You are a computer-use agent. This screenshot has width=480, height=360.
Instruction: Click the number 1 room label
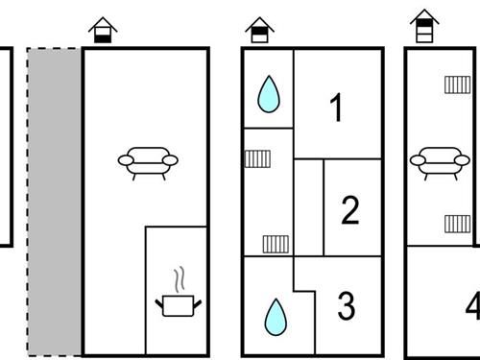(x=336, y=108)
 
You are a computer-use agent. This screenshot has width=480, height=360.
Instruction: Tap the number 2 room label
(x=350, y=210)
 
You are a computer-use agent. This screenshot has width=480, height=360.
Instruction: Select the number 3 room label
(x=347, y=305)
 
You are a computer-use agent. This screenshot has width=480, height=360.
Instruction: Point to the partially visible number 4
(x=472, y=305)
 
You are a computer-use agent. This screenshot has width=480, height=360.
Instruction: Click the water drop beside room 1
(x=269, y=94)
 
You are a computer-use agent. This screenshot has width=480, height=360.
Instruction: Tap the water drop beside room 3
(x=276, y=317)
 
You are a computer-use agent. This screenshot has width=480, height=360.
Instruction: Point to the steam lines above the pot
(x=180, y=278)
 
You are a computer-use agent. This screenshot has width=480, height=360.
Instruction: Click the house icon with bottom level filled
(x=103, y=30)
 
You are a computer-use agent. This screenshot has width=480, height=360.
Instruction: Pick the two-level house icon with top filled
(x=259, y=30)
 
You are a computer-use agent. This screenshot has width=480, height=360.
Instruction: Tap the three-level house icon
(x=424, y=26)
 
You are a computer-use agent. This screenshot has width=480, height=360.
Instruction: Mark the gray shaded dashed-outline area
(x=55, y=202)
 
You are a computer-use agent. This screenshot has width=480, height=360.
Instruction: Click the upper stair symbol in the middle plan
(x=257, y=158)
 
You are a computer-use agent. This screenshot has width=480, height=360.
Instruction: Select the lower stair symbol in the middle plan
(x=276, y=244)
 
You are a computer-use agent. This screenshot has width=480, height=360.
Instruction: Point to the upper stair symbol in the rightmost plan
(x=458, y=84)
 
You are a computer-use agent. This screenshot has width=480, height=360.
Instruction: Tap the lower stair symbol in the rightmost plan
(x=458, y=224)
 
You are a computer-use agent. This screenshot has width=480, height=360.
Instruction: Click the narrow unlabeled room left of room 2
(x=309, y=207)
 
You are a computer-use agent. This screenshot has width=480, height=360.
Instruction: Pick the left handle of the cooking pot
(x=159, y=303)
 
